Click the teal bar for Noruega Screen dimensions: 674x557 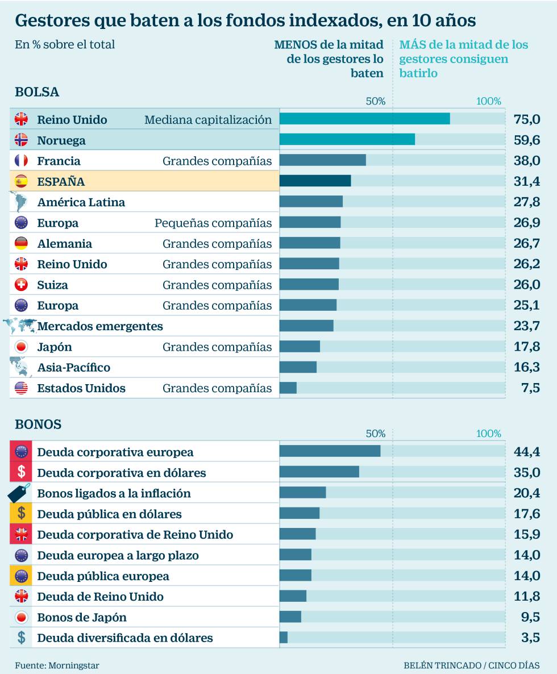pos(347,140)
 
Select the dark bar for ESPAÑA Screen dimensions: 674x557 pos(315,181)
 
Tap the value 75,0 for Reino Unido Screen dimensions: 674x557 pos(526,119)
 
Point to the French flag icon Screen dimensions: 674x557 pos(21,161)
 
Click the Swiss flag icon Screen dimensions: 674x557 pos(21,285)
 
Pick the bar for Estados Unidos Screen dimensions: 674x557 pos(288,388)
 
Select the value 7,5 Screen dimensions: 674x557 pos(530,388)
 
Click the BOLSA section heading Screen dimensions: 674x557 pos(37,92)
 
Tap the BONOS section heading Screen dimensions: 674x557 pos(38,425)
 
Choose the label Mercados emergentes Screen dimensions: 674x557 pos(100,326)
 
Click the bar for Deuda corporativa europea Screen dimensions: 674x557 pos(330,451)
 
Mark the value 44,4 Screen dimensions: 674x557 pos(526,452)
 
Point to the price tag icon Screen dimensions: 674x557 pos(19,493)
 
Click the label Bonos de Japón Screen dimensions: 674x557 pos(82,617)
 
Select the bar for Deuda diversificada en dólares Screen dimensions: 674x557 pos(284,637)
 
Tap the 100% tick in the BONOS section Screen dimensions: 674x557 pos(489,434)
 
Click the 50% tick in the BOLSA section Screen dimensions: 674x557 pos(375,101)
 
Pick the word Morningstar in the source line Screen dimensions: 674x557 pos(69,665)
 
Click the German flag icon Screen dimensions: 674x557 pos(21,243)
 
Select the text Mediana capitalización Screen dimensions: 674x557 pos(208,120)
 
